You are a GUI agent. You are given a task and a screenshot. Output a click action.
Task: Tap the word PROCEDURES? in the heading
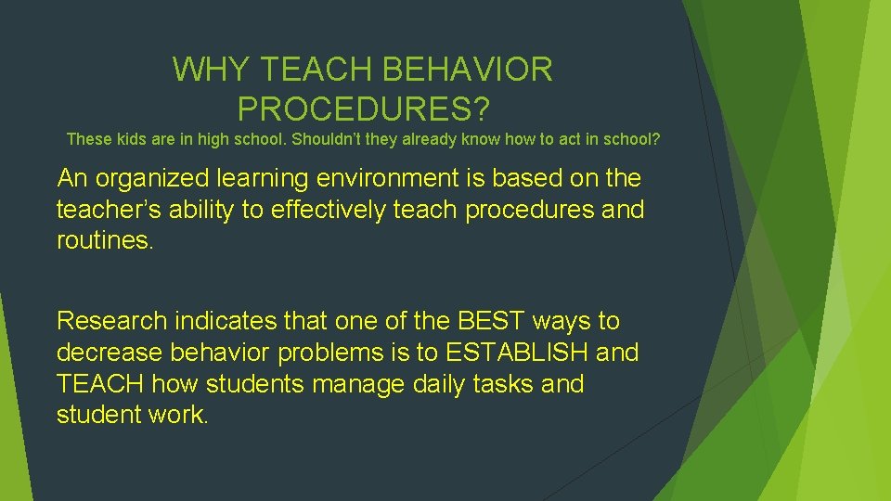pos(363,109)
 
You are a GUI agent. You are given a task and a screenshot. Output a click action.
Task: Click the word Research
pos(111,321)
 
